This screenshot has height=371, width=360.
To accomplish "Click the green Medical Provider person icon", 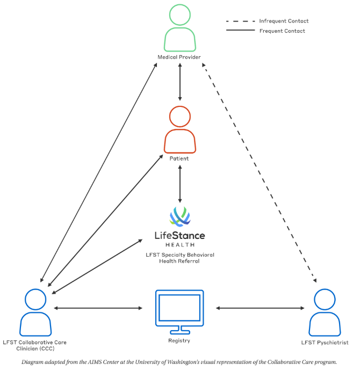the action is click(180, 39).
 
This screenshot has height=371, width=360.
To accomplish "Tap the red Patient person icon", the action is click(180, 141).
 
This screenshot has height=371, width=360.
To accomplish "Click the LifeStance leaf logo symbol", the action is click(180, 216).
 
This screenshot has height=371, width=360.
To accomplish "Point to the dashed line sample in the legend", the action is click(240, 21).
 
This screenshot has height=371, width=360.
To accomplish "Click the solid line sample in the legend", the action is click(240, 30).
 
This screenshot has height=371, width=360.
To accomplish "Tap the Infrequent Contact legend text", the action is click(284, 21).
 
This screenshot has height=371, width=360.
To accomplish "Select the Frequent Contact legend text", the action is click(282, 31).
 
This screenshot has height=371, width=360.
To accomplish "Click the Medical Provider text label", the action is click(179, 57).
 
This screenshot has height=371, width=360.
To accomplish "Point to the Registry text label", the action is click(179, 341).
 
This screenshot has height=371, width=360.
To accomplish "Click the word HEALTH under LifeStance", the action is click(180, 245).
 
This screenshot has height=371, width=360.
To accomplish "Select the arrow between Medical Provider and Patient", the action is click(180, 82).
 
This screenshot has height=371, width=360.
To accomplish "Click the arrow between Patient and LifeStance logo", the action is click(180, 184).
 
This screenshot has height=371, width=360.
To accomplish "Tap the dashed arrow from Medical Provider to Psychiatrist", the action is click(259, 173).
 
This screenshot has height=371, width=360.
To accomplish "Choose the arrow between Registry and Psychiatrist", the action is click(260, 308).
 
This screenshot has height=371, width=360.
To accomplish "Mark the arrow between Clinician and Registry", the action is click(98, 308).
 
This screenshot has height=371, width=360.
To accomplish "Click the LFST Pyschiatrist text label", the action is click(325, 343).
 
